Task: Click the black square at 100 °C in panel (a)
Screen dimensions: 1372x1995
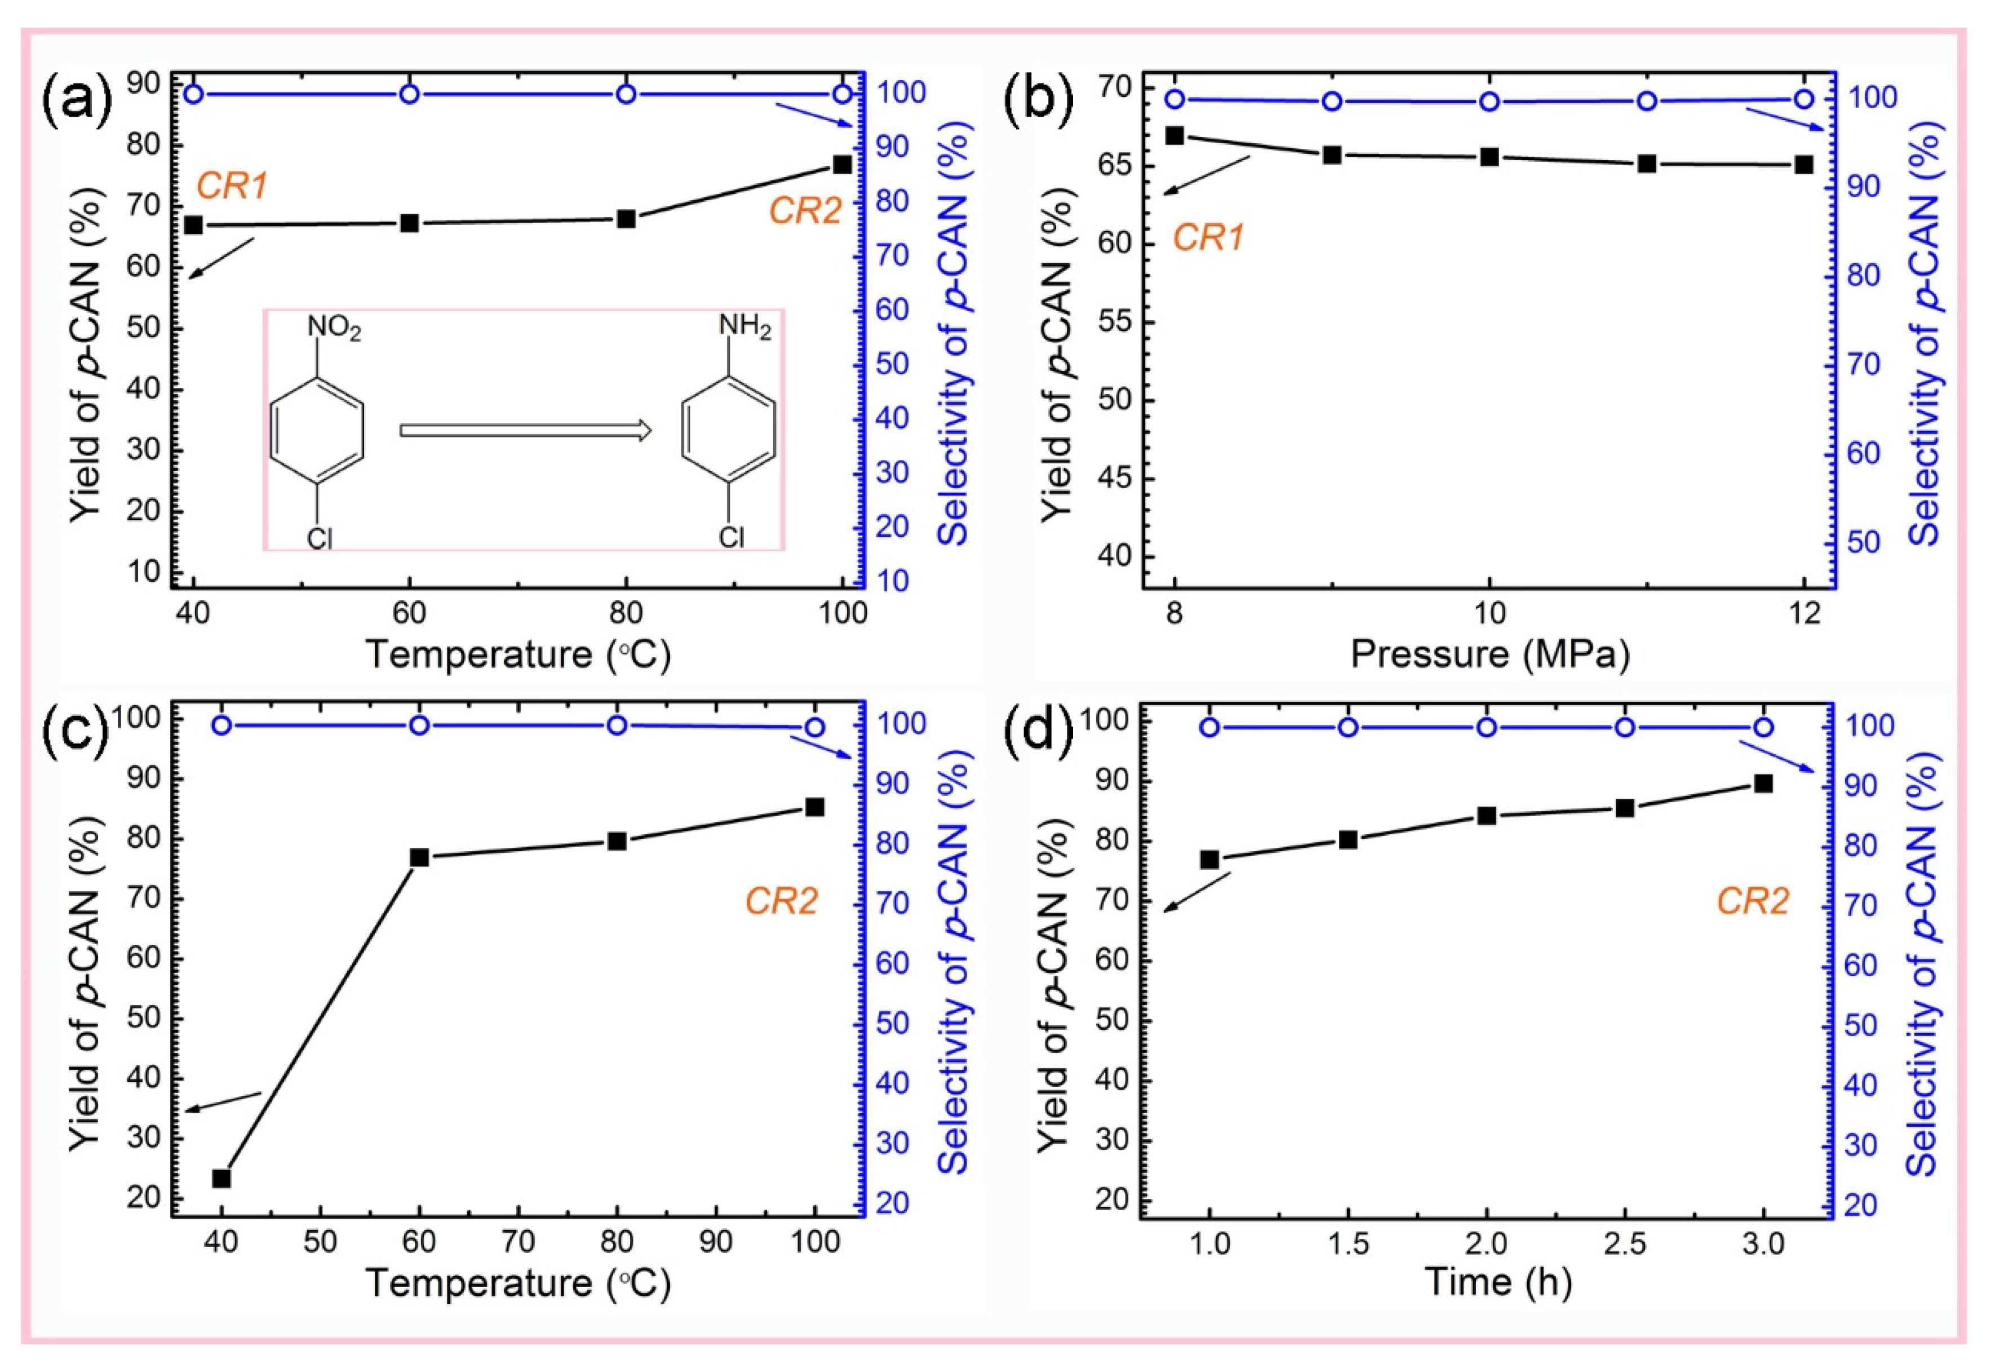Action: point(843,164)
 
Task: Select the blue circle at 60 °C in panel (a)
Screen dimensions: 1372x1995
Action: point(410,94)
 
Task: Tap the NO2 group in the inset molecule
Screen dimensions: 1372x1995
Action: point(334,329)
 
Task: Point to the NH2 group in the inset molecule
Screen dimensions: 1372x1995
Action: point(744,327)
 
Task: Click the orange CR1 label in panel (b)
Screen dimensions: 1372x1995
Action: point(1208,238)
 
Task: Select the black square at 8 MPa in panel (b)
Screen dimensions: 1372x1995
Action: point(1174,136)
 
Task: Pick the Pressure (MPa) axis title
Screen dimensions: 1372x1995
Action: point(1489,655)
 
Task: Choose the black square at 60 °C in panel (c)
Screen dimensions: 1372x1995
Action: point(419,857)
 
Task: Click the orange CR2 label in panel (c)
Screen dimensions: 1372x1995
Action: point(781,902)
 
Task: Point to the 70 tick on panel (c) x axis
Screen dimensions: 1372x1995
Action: point(518,1242)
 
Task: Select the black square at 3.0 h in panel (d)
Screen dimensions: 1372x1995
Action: point(1763,783)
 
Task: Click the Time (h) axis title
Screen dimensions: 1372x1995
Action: point(1498,1282)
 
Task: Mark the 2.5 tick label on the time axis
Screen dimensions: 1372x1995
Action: point(1625,1244)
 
